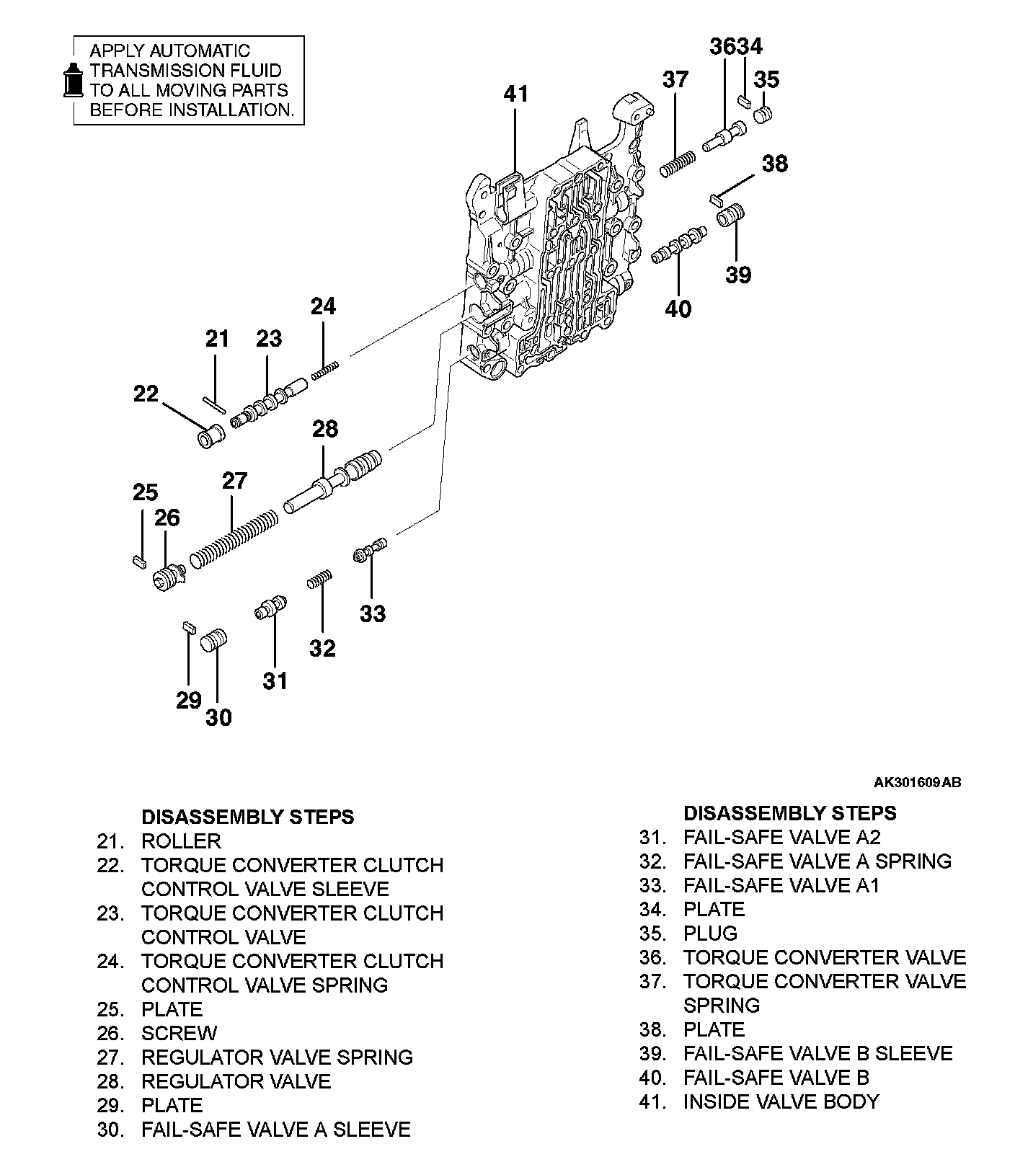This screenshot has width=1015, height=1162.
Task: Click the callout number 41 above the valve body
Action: pos(515,94)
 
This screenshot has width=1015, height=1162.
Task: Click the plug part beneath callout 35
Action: pos(763,115)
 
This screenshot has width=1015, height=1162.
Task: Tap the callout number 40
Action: pos(678,309)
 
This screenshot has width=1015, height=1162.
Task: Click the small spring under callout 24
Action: pos(325,371)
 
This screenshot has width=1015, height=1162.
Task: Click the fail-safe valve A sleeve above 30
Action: pos(213,639)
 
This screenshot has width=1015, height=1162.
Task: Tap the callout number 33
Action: pos(373,613)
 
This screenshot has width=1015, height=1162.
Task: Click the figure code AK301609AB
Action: pos(917,782)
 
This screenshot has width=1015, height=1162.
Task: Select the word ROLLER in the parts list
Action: pos(181,841)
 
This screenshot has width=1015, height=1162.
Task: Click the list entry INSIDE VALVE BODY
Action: pos(781,1101)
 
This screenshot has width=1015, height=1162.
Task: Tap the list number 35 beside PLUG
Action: pos(651,933)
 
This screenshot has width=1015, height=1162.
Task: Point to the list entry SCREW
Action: pos(179,1033)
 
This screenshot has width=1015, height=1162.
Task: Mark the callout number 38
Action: pos(775,164)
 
